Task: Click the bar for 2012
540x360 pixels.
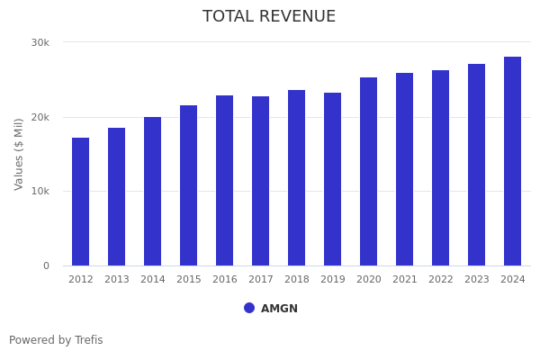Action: (x=81, y=202)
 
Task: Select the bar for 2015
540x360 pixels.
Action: (x=189, y=185)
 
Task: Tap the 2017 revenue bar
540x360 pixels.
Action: (x=261, y=181)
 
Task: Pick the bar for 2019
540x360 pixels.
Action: (x=333, y=179)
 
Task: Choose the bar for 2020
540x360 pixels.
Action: (x=369, y=171)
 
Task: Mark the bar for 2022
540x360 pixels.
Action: (x=441, y=167)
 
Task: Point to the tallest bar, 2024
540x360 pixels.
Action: (x=513, y=161)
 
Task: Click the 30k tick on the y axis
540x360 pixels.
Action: (x=40, y=42)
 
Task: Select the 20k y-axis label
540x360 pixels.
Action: (x=40, y=117)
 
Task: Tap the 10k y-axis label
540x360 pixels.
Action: (x=40, y=191)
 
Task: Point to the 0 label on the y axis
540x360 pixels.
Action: (x=46, y=265)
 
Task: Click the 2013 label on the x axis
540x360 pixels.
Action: (x=117, y=280)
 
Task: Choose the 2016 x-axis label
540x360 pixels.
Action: (x=225, y=280)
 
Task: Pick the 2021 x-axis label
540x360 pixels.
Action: (x=405, y=280)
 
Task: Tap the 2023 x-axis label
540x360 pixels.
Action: (x=477, y=280)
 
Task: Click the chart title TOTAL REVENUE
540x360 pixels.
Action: (x=269, y=17)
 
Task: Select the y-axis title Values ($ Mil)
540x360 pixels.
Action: (x=20, y=154)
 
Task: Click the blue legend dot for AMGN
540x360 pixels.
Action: (x=249, y=308)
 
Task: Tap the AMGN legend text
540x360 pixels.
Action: (x=279, y=309)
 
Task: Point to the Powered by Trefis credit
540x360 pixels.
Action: (x=56, y=340)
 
